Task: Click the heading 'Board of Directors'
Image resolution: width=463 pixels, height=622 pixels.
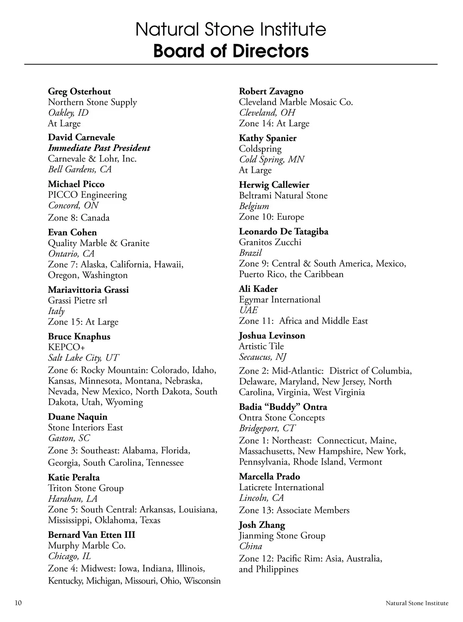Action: coord(231,51)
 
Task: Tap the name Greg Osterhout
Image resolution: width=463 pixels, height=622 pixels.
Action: coord(79,91)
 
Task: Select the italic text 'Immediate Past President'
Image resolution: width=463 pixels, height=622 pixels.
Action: coord(99,148)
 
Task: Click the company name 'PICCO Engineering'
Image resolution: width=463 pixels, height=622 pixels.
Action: coord(87,195)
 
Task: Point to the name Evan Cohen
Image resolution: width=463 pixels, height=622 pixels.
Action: coord(72,232)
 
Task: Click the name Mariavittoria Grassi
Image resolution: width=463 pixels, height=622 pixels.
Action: coord(88,290)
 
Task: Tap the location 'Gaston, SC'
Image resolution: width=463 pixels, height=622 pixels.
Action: coord(69,438)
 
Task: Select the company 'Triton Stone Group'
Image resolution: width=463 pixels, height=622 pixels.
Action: coord(86,488)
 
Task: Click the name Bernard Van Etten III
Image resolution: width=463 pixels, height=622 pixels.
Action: coord(91,535)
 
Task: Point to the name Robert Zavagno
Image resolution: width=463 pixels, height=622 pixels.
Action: coord(271,91)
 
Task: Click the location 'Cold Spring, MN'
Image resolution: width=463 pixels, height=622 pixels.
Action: coord(271,159)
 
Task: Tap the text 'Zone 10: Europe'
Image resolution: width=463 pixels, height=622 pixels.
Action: coord(271,217)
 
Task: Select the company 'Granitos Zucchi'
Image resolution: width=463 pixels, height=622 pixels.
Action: coord(270,242)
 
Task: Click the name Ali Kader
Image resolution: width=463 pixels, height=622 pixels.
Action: coord(258,289)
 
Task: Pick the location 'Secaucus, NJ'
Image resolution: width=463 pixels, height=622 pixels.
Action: coord(262,357)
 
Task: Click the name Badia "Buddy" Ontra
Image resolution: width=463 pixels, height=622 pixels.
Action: coord(283,407)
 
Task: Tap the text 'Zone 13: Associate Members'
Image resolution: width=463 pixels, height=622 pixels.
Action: coord(294,510)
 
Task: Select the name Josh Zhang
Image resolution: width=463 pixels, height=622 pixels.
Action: coord(262,525)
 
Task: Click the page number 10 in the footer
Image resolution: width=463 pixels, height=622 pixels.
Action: coord(18,603)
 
